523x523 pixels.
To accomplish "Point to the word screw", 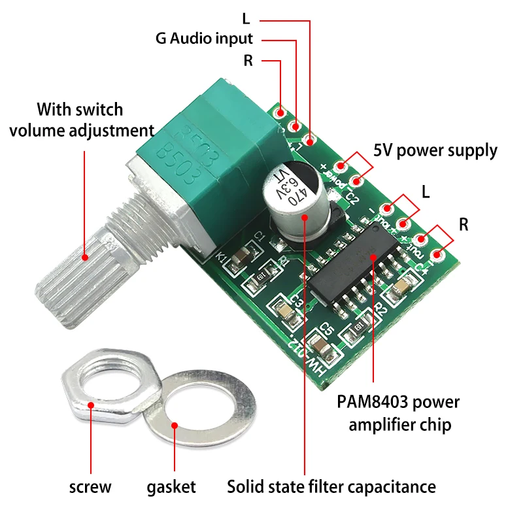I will (90, 486).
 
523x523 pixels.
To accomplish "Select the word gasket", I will (171, 486).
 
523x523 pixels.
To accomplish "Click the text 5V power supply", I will (435, 150).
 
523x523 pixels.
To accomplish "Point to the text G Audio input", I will (204, 38).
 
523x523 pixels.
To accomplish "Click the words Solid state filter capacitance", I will (331, 486).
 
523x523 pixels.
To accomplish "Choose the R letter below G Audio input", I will (248, 61).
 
